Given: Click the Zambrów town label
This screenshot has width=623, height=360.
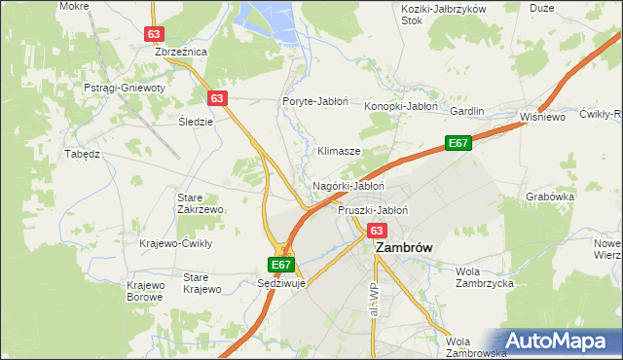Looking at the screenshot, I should point(404,248).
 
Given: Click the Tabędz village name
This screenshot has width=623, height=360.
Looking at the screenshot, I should point(83,154).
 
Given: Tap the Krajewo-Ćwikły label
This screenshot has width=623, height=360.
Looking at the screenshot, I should point(175,243).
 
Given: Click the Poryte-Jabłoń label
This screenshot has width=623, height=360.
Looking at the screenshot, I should point(311,101).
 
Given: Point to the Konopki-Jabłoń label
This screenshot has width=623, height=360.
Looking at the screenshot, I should point(402,106).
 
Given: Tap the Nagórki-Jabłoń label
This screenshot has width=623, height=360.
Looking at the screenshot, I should point(348,185).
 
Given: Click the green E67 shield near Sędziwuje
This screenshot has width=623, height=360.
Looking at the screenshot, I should point(280,264).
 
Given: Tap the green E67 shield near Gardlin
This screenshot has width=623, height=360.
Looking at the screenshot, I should point(458,143).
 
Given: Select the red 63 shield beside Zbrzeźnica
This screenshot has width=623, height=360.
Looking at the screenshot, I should point(154,33).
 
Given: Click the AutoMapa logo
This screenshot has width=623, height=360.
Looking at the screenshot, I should point(560,341).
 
